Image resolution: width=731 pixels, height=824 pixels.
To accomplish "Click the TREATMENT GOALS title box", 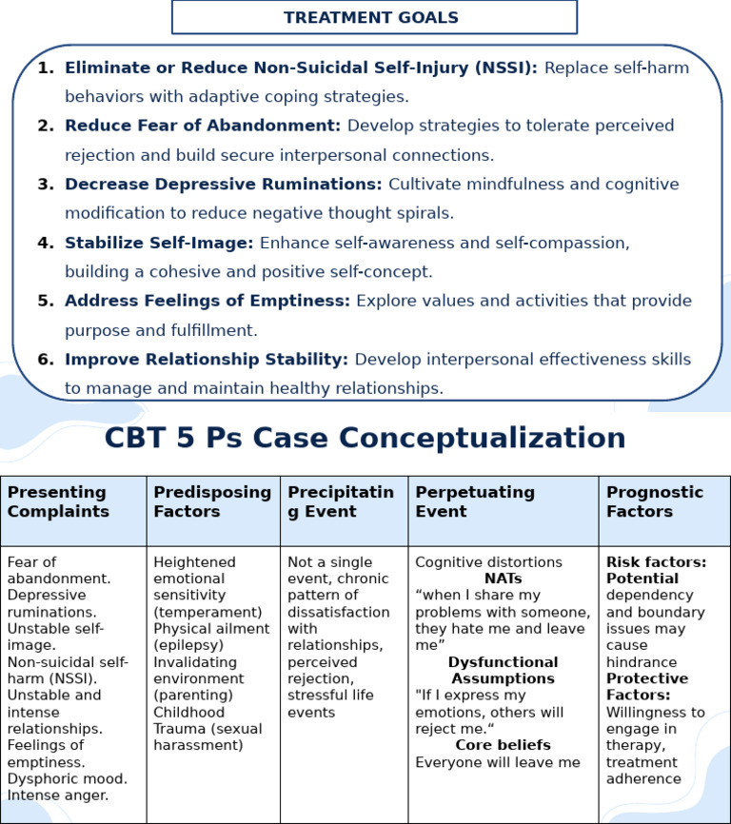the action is (x=373, y=17).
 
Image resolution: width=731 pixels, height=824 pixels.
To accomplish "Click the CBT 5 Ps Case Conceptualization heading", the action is (x=365, y=438).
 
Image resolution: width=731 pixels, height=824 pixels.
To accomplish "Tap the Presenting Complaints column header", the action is (x=57, y=501).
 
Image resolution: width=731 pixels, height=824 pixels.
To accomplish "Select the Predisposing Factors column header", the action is (x=212, y=501).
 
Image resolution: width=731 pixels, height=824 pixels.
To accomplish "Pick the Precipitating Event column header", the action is (x=341, y=501).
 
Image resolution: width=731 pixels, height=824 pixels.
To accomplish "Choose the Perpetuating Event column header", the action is (x=475, y=501).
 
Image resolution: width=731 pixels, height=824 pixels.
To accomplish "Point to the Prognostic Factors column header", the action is (x=655, y=501).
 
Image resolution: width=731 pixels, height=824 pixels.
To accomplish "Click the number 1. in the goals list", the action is (x=46, y=68).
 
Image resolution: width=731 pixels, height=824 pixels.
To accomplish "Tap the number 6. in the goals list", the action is (x=46, y=360).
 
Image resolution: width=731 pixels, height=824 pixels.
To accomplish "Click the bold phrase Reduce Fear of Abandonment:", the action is (x=202, y=126).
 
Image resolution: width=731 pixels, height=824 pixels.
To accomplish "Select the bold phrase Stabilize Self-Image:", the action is (x=159, y=243).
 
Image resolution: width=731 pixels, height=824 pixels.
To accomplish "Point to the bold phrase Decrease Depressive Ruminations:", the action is (x=223, y=184).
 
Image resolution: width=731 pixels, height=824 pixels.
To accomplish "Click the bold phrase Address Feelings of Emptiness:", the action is (x=207, y=301).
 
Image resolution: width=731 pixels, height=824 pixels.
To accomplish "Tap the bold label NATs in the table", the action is (x=503, y=579).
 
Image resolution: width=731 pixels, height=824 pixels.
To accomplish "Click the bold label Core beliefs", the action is (x=503, y=745).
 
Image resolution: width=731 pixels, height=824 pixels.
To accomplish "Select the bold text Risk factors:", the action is (x=656, y=562).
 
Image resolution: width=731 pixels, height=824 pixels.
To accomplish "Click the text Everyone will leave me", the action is (x=498, y=762).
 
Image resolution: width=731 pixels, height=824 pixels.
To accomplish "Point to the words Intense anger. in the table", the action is (x=58, y=795).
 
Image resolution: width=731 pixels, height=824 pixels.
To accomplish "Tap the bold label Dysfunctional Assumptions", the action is (x=503, y=670).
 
